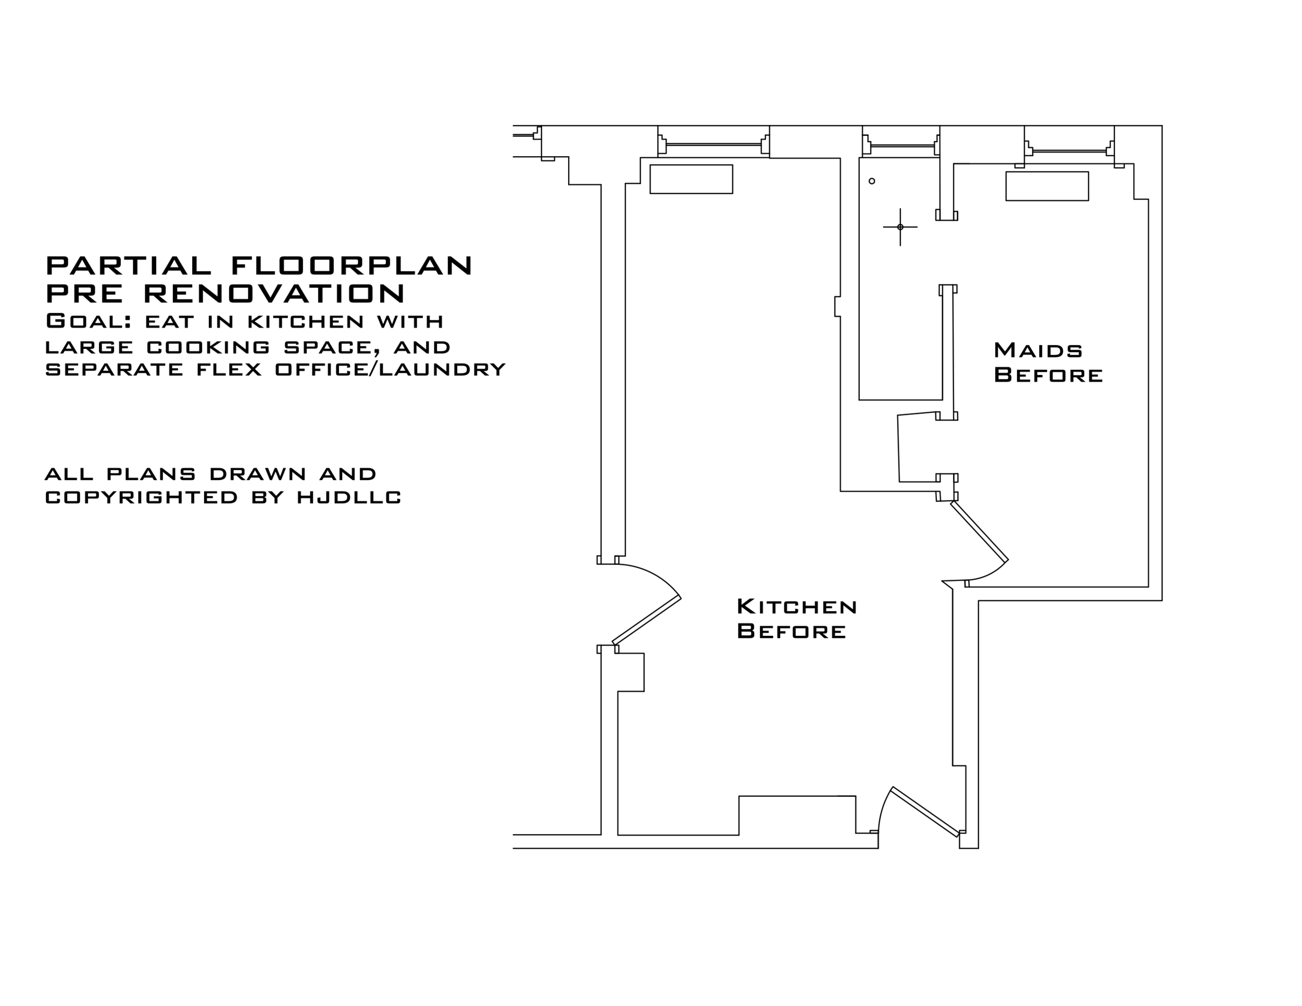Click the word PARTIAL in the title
129,265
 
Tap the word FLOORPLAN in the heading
352,265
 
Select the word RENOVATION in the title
274,293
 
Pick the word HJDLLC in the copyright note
349,497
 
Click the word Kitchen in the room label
797,607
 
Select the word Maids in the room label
1038,350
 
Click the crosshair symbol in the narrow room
900,227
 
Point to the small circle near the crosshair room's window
872,181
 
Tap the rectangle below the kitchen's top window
691,179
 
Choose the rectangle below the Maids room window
1047,186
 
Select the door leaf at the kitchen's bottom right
924,812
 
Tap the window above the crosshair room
901,145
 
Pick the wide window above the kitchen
713,144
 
